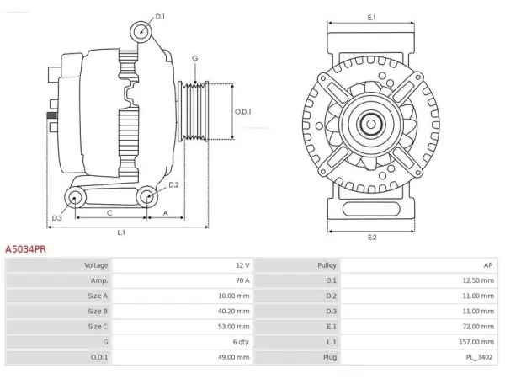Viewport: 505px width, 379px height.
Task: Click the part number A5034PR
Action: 25,249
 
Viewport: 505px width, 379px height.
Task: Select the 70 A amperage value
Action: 242,280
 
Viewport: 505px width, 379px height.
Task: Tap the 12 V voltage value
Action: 242,265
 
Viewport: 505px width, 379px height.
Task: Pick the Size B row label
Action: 98,311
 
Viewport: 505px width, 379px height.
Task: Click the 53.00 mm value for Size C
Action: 233,327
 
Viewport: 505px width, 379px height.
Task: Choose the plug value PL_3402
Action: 479,357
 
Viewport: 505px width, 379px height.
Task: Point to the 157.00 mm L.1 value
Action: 476,342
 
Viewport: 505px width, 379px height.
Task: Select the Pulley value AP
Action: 488,265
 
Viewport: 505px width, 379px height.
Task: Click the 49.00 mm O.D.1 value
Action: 233,357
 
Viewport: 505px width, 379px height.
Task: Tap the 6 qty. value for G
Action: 242,342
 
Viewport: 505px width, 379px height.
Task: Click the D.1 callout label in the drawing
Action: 160,17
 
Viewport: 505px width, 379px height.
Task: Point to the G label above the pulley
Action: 195,58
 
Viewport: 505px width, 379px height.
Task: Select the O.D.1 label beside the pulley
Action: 243,112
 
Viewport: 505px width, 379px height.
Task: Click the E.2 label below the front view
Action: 372,238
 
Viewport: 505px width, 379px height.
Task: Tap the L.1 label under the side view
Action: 121,232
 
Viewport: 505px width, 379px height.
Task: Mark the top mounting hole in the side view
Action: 141,32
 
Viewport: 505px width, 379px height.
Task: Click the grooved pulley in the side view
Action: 194,111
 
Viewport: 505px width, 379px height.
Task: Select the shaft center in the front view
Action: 371,124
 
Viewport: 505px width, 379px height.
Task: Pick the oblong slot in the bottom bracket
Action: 371,209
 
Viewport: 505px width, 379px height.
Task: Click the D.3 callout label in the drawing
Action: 56,218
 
